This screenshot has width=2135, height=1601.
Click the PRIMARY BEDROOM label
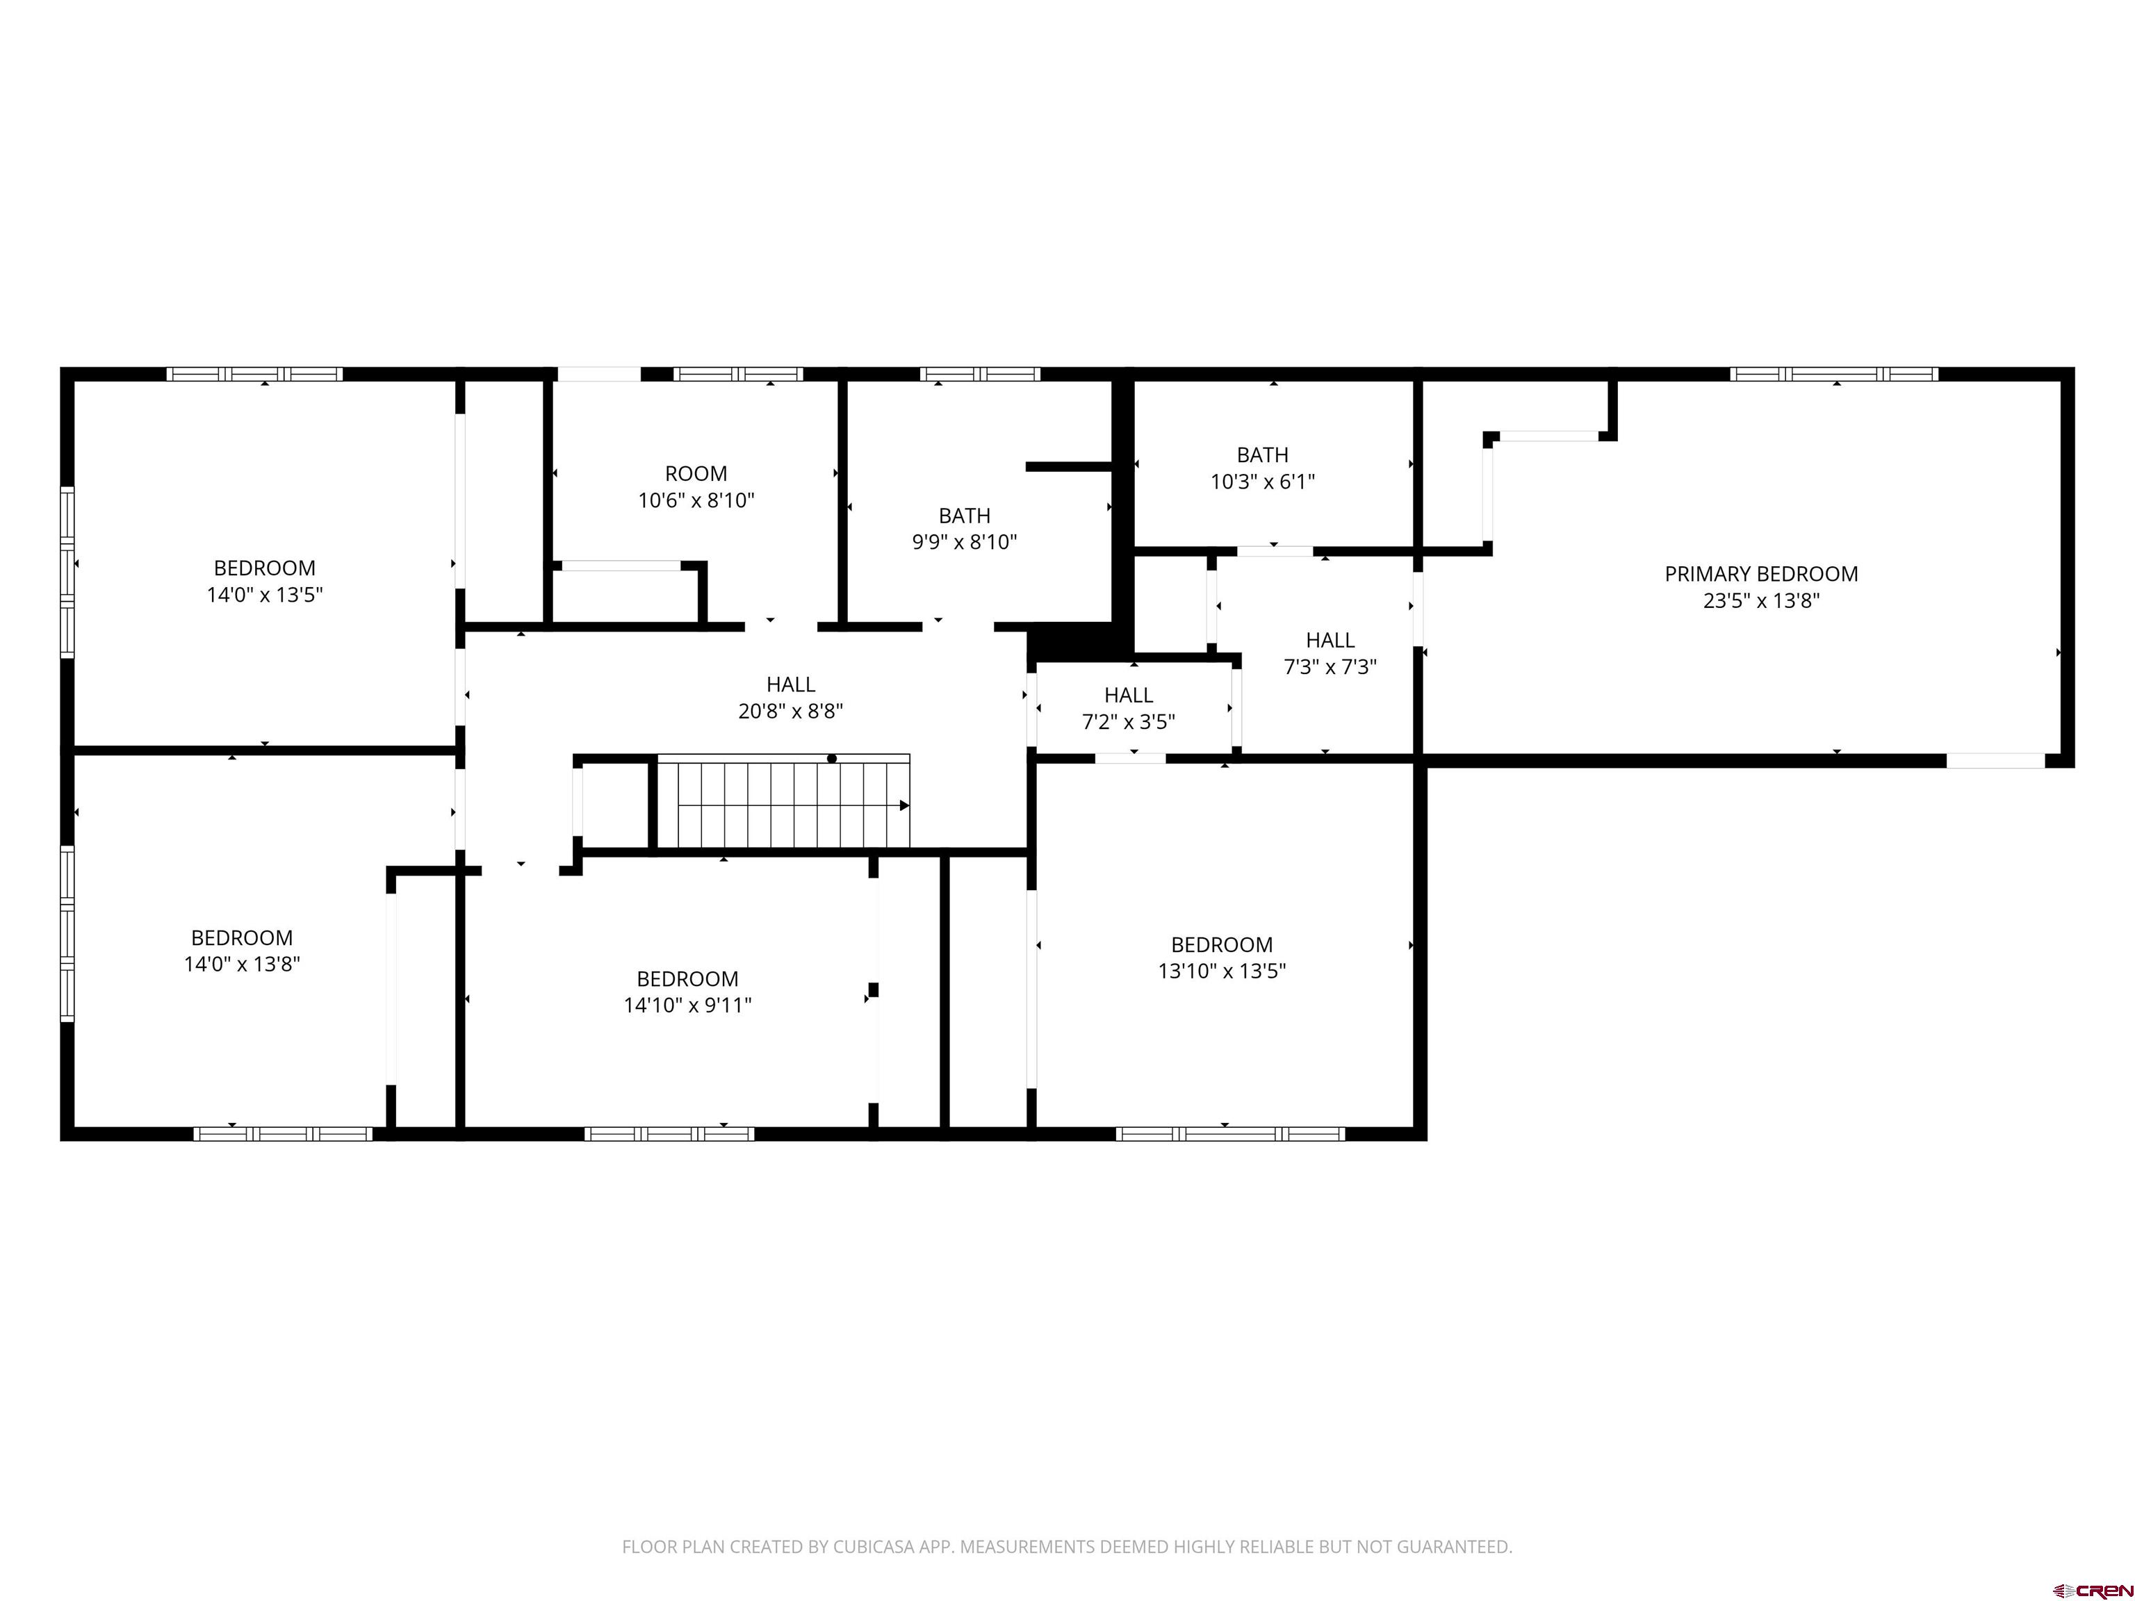click(1760, 574)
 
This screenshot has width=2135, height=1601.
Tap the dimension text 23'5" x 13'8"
click(1760, 601)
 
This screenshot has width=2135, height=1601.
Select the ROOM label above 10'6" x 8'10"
click(696, 474)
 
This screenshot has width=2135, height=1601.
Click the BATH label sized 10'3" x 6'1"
click(1263, 454)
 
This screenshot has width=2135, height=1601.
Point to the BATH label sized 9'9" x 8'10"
click(964, 516)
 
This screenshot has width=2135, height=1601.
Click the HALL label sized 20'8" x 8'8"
click(790, 684)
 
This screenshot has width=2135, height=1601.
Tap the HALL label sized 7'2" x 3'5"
click(1128, 695)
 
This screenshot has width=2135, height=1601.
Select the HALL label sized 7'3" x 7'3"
click(1330, 640)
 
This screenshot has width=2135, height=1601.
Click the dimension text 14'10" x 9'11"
click(687, 1005)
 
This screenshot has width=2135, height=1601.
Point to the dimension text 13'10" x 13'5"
click(1222, 971)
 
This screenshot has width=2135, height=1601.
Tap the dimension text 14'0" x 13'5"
click(265, 594)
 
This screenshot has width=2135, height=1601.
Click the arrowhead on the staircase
click(904, 805)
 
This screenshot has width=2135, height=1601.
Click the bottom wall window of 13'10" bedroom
click(1229, 1134)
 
